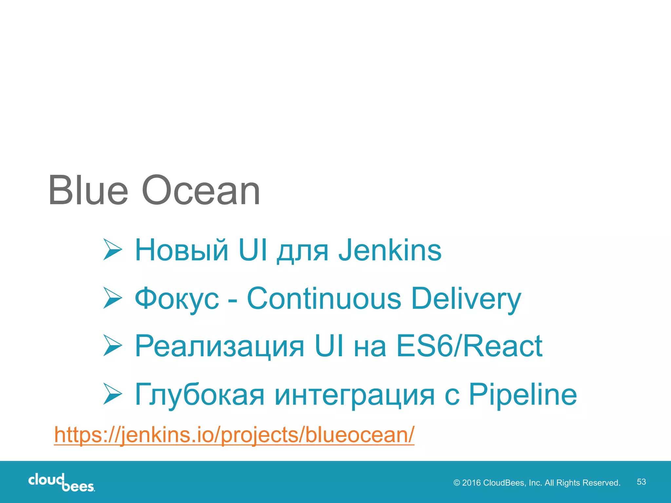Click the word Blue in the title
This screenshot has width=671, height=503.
[x=88, y=191]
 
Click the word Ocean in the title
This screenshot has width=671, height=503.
[x=201, y=191]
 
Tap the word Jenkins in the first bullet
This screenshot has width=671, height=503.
[x=390, y=251]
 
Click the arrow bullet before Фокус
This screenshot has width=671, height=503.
[x=112, y=298]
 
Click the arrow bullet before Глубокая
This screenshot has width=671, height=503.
[x=112, y=394]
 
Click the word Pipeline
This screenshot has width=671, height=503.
[x=523, y=395]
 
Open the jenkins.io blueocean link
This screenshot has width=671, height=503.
[x=234, y=435]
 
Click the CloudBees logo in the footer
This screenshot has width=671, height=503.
[x=62, y=482]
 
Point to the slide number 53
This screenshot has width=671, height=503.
[x=641, y=482]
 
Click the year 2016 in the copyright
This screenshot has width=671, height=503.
[x=471, y=483]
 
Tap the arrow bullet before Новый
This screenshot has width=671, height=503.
[x=112, y=250]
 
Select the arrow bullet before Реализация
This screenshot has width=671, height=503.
[x=112, y=345]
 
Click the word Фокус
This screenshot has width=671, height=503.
[x=177, y=299]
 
